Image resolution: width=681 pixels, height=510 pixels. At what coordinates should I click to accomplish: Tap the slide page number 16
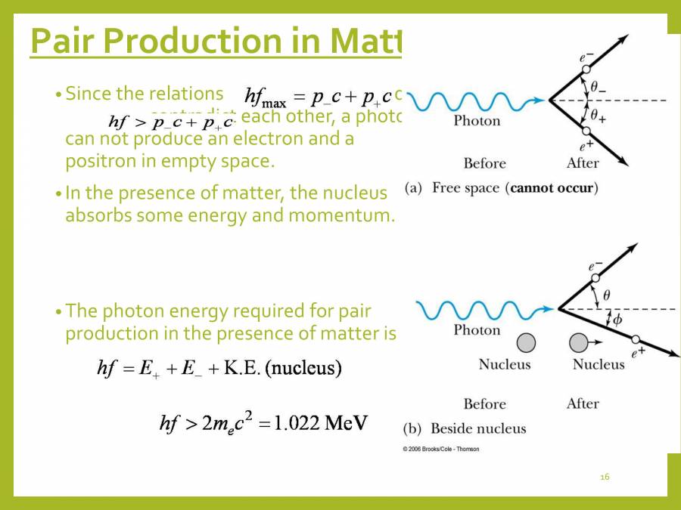pos(604,477)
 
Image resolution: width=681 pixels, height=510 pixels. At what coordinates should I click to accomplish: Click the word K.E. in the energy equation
pos(243,369)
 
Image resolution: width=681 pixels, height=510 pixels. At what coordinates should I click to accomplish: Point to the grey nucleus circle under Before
pos(526,343)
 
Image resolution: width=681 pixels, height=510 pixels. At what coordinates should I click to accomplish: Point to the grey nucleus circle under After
pos(579,343)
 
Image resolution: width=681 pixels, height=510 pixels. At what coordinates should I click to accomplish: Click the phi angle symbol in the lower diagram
pos(617,320)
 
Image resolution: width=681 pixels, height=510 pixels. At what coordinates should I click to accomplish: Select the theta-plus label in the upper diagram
pos(599,117)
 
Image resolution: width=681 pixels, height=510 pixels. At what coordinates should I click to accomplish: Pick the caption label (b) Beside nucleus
pos(465,428)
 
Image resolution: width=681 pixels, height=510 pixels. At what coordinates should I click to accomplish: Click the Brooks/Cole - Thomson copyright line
pos(441,449)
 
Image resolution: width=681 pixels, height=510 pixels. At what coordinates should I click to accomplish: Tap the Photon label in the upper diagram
pos(477,121)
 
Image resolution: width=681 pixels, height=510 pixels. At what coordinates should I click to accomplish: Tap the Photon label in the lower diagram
pos(477,330)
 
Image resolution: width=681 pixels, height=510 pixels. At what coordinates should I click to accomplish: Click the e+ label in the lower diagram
pos(639,351)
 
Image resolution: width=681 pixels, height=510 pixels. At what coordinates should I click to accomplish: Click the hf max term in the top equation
pos(265,97)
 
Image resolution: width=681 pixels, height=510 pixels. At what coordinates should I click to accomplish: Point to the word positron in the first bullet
pos(98,162)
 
